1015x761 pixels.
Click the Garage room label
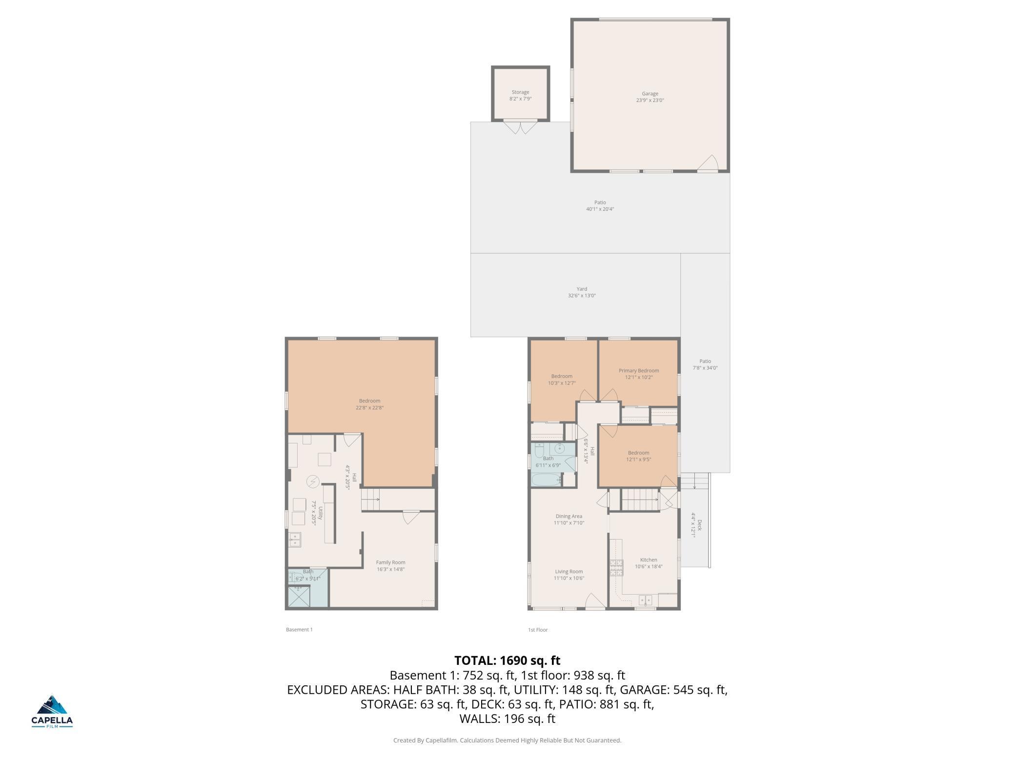tap(650, 94)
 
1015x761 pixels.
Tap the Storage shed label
tap(520, 92)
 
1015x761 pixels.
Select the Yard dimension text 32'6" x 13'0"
tap(582, 296)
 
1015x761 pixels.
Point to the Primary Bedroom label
tap(639, 371)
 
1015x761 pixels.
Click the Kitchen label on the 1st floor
tap(649, 560)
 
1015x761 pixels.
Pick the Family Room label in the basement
tap(390, 562)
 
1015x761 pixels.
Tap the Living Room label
tap(569, 572)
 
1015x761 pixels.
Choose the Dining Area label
tap(569, 516)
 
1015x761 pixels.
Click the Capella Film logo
tap(52, 711)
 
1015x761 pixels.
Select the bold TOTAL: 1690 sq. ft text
tap(507, 661)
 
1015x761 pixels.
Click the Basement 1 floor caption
tap(299, 630)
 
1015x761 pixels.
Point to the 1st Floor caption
tap(538, 630)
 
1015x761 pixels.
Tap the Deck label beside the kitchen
tap(699, 525)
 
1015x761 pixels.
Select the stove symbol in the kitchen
tap(616, 568)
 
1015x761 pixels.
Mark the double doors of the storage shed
tap(520, 127)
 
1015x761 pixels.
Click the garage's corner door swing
tap(708, 163)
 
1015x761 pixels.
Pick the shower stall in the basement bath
tap(299, 597)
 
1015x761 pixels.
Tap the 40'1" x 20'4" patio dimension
tap(600, 209)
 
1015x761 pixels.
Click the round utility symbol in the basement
tap(313, 482)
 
